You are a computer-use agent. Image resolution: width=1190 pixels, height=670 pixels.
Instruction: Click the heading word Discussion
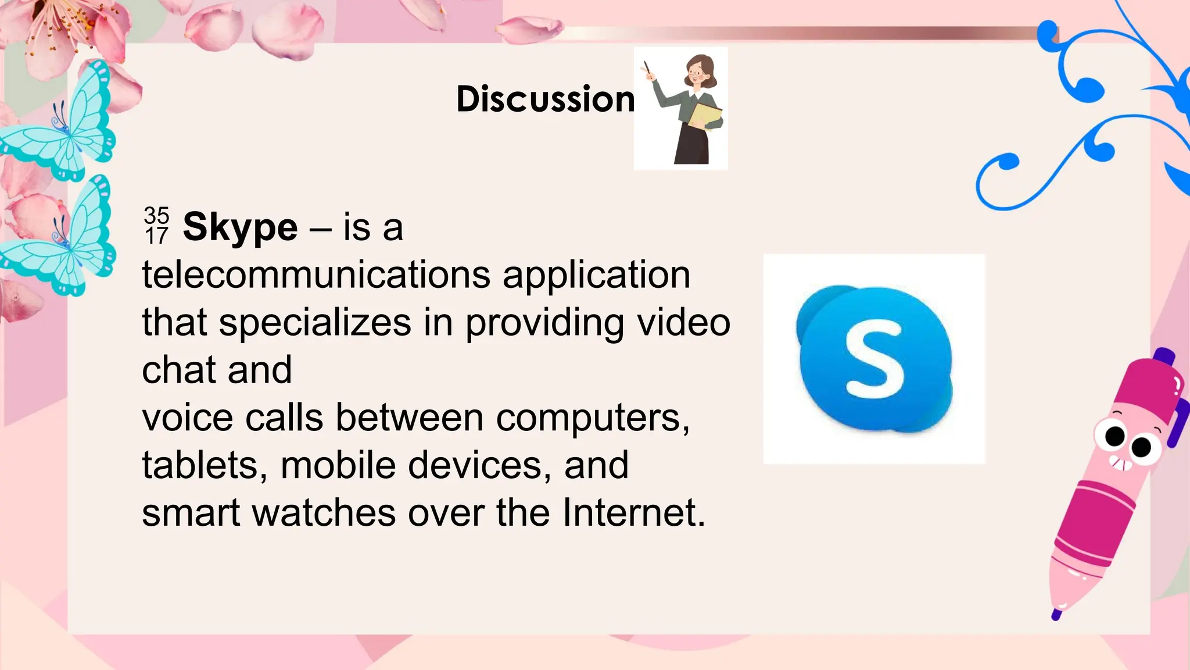click(545, 99)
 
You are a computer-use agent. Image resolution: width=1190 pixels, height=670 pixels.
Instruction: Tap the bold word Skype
click(240, 227)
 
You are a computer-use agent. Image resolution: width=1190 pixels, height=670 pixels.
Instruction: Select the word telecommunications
click(316, 275)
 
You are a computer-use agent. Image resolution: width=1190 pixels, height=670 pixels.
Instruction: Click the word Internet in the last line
click(633, 513)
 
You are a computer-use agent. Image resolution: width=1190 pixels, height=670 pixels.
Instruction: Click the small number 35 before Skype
click(156, 215)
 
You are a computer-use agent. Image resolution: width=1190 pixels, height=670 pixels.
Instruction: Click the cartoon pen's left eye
click(1114, 435)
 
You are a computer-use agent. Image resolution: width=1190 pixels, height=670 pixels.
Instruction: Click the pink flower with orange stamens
click(58, 29)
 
